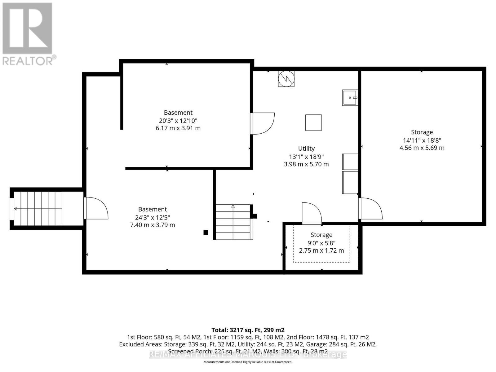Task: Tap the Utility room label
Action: [x=306, y=148]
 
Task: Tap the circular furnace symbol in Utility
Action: [x=286, y=79]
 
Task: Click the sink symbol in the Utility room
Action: [x=350, y=98]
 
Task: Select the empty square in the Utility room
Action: [x=313, y=122]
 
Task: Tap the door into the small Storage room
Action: [x=312, y=213]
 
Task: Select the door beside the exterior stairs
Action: [x=95, y=208]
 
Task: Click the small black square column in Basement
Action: [x=206, y=232]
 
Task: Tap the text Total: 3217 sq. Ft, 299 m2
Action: [x=248, y=330]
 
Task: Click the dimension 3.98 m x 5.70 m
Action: [x=306, y=164]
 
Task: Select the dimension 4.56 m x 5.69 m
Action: [x=422, y=148]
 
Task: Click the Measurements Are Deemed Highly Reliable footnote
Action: [x=248, y=362]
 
